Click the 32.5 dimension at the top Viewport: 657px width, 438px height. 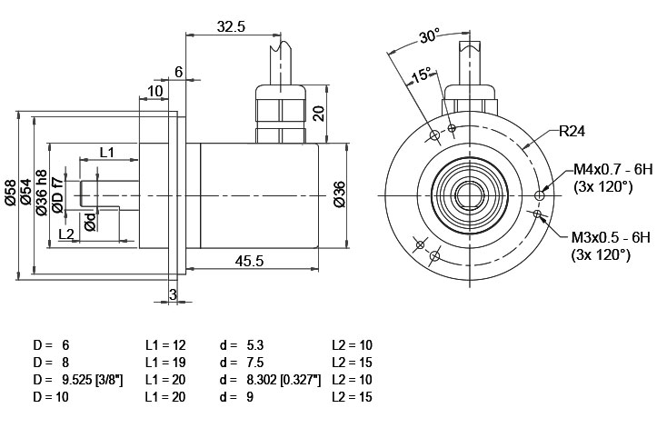point(231,27)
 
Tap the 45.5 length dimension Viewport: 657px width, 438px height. point(249,261)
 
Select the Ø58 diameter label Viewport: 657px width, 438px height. point(11,193)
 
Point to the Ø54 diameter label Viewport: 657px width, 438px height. point(26,192)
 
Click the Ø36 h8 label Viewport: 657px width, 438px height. point(41,193)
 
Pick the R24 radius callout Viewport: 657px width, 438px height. point(572,131)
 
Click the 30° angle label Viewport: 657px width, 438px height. point(430,36)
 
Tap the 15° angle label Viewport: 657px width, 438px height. point(421,75)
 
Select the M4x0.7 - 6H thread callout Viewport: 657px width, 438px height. point(613,169)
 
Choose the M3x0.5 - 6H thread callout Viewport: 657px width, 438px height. point(611,238)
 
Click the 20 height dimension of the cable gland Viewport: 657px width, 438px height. point(319,114)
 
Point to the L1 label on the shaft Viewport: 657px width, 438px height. point(107,152)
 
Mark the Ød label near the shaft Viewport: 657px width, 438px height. point(91,221)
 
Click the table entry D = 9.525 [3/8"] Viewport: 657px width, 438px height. point(78,380)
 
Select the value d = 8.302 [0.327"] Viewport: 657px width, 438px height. point(270,380)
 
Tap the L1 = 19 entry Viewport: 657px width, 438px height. point(165,363)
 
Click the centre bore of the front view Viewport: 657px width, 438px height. point(470,195)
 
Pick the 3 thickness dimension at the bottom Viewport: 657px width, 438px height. point(173,294)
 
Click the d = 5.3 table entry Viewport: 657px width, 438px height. point(242,345)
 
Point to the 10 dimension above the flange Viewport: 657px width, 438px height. point(155,91)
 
